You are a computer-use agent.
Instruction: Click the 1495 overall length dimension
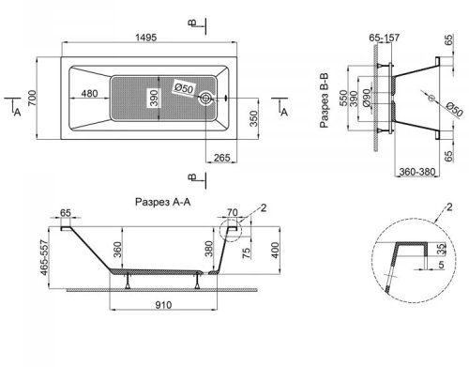[x=146, y=38]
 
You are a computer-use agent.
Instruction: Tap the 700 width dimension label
[x=32, y=98]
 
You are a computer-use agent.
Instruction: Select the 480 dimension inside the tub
[x=89, y=93]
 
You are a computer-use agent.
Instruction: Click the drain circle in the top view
[x=205, y=99]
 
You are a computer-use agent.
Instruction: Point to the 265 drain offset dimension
[x=222, y=158]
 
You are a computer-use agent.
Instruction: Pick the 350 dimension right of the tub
[x=254, y=118]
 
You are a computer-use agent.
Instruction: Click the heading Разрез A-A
[x=162, y=202]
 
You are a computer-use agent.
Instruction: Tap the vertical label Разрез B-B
[x=325, y=100]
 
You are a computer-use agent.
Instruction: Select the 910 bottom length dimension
[x=163, y=305]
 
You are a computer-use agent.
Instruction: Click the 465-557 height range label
[x=44, y=258]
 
